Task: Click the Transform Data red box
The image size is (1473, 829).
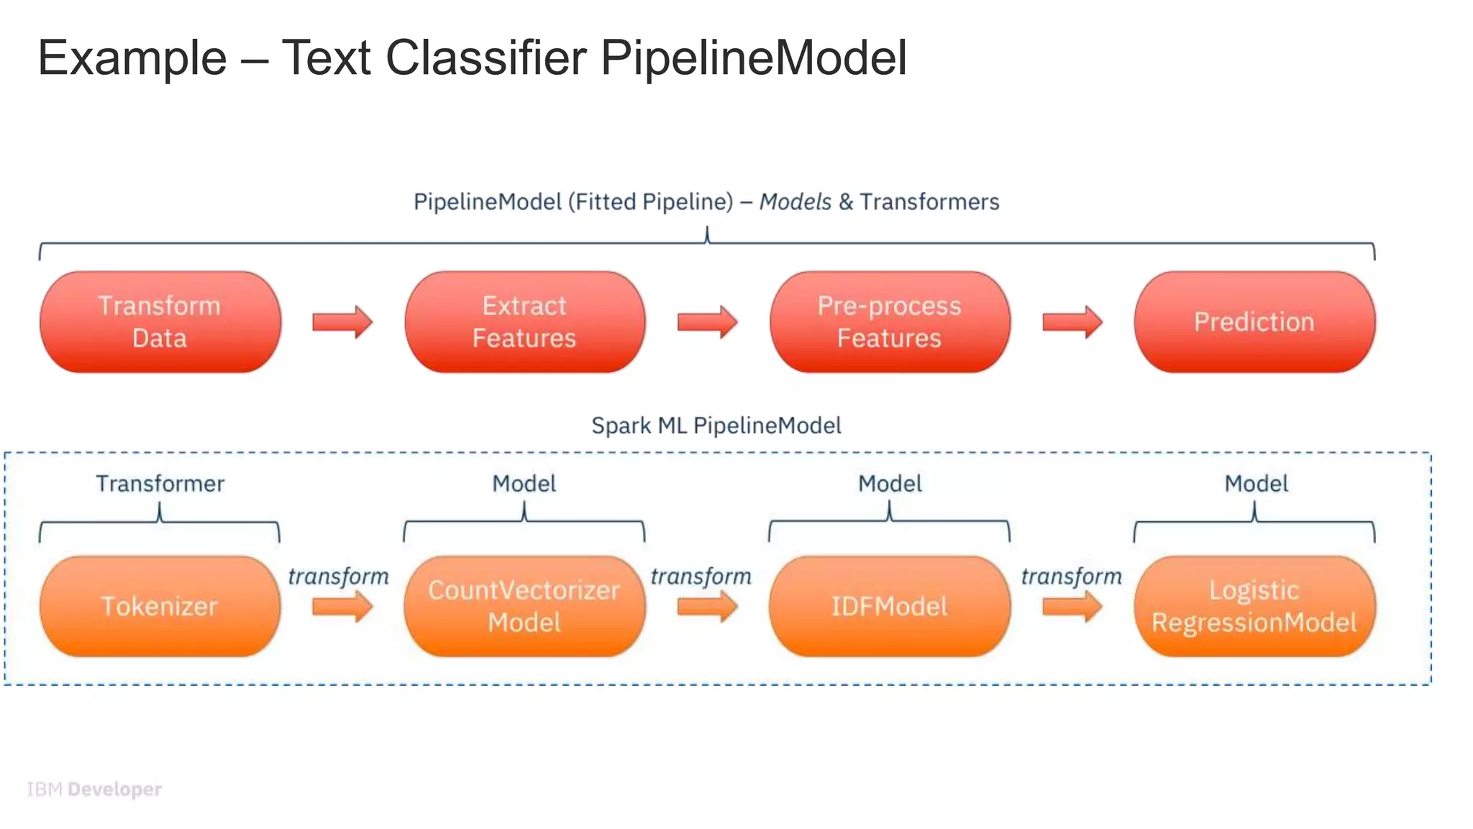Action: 160,322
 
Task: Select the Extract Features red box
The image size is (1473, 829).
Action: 524,322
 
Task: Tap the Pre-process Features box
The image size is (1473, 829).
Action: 889,322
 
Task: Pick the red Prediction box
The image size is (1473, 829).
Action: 1254,322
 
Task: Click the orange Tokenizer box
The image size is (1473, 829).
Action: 160,606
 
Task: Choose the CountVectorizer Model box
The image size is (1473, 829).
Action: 524,606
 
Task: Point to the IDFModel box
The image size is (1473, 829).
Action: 889,606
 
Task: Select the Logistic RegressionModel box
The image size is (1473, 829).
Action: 1254,606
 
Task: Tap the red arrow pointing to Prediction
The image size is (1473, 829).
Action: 1072,322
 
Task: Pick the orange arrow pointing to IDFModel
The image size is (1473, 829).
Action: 707,607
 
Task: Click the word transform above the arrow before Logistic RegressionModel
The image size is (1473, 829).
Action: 1071,576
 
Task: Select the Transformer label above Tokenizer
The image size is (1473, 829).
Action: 160,484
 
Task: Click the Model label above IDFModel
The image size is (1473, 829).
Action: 889,484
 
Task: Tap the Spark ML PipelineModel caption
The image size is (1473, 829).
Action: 716,425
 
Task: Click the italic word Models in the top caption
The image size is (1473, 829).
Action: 795,201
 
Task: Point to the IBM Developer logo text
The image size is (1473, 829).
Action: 94,789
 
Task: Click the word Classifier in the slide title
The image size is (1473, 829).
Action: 486,58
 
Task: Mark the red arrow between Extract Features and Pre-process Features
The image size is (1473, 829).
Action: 707,322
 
